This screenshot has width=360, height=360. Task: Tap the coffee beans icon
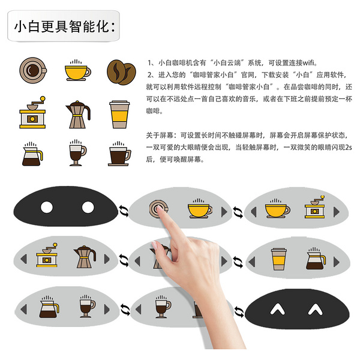coord(121,72)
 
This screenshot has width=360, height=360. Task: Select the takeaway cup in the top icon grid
coord(119,114)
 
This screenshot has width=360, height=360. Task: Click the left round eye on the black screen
coord(47,207)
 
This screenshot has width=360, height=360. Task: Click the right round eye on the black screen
coord(88,207)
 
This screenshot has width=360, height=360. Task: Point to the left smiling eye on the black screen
coord(278,309)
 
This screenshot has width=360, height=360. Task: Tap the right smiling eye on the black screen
coord(315,309)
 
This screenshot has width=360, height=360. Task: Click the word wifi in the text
coord(308,62)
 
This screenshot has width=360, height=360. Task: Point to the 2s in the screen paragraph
coord(349,147)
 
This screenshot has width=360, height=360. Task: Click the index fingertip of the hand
coord(159,208)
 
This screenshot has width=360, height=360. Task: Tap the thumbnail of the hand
coord(154,245)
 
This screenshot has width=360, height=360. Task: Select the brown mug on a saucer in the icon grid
coord(119,154)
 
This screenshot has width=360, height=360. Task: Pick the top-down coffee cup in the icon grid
coord(33,70)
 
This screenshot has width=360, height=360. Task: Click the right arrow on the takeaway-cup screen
coord(337,262)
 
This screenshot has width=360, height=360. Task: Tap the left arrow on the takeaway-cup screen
coord(252,262)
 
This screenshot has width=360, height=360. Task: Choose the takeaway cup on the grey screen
coord(279,259)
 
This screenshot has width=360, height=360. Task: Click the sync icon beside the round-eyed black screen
coord(124,211)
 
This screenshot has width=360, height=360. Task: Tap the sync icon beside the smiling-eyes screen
coord(239,312)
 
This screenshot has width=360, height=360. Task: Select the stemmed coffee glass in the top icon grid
coord(77,152)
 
